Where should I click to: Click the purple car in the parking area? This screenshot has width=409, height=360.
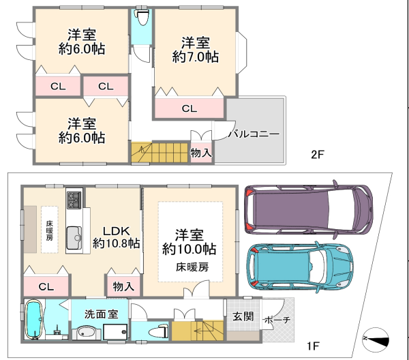309,209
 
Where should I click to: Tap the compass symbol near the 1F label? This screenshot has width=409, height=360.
376,340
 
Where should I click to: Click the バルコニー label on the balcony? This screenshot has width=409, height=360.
254,134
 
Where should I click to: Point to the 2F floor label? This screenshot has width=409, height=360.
318,155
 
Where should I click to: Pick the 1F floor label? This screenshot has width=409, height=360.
313,346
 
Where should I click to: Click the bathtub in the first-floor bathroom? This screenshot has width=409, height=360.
33,320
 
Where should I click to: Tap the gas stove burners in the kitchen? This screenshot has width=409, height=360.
74,200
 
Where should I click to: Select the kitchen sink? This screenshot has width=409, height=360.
74,238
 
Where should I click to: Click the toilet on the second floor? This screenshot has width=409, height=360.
142,18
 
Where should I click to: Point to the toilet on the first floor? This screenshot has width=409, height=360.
158,331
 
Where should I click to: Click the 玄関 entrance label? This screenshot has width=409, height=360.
243,316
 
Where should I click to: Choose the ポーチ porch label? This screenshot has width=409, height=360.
277,320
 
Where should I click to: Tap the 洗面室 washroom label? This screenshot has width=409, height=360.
101,314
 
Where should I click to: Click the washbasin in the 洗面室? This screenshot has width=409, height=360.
87,332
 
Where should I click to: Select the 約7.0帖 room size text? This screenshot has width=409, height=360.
196,57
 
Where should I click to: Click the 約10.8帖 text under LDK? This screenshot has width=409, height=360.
117,243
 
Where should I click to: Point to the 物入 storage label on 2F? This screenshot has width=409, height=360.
201,153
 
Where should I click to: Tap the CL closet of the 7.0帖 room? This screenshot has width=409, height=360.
189,108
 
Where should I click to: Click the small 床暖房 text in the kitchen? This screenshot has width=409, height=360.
50,230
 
